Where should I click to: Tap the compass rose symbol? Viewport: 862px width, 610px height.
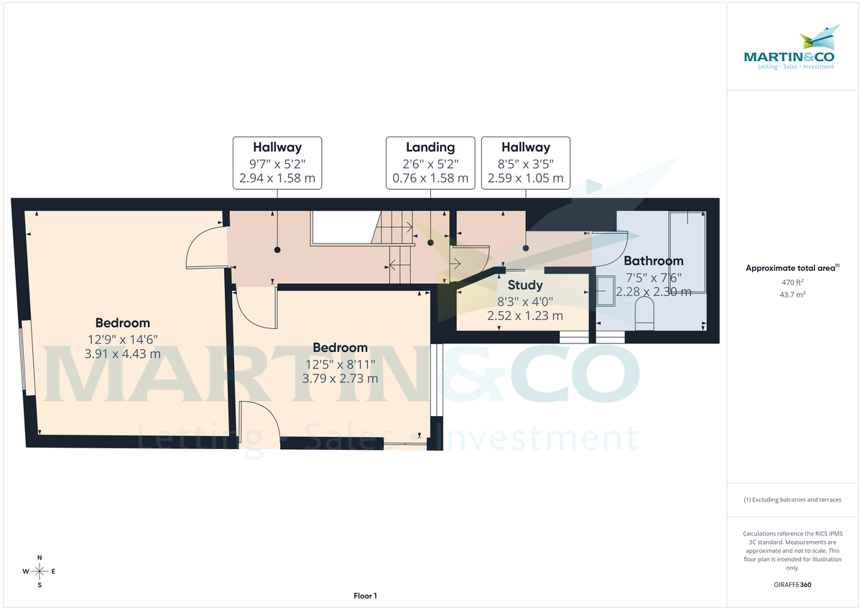[40, 571]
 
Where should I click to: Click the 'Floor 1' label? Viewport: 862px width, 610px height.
[365, 596]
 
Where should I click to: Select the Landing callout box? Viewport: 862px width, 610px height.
[430, 162]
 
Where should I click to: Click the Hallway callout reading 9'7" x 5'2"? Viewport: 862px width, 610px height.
[277, 162]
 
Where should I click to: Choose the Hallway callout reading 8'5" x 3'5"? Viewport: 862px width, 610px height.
[525, 162]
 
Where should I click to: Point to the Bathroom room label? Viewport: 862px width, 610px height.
[653, 261]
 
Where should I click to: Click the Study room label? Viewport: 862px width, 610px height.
[525, 285]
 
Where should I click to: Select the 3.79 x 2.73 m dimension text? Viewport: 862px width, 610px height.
[340, 378]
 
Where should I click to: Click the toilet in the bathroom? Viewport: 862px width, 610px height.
[644, 313]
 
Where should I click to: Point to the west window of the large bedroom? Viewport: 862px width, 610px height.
[26, 357]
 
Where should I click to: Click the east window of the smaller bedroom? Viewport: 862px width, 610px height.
[436, 380]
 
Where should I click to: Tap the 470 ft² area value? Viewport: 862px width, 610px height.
[793, 282]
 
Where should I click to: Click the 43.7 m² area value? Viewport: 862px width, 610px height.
[793, 295]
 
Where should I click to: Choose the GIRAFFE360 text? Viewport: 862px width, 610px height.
[793, 585]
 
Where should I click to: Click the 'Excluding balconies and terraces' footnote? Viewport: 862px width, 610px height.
[793, 499]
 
